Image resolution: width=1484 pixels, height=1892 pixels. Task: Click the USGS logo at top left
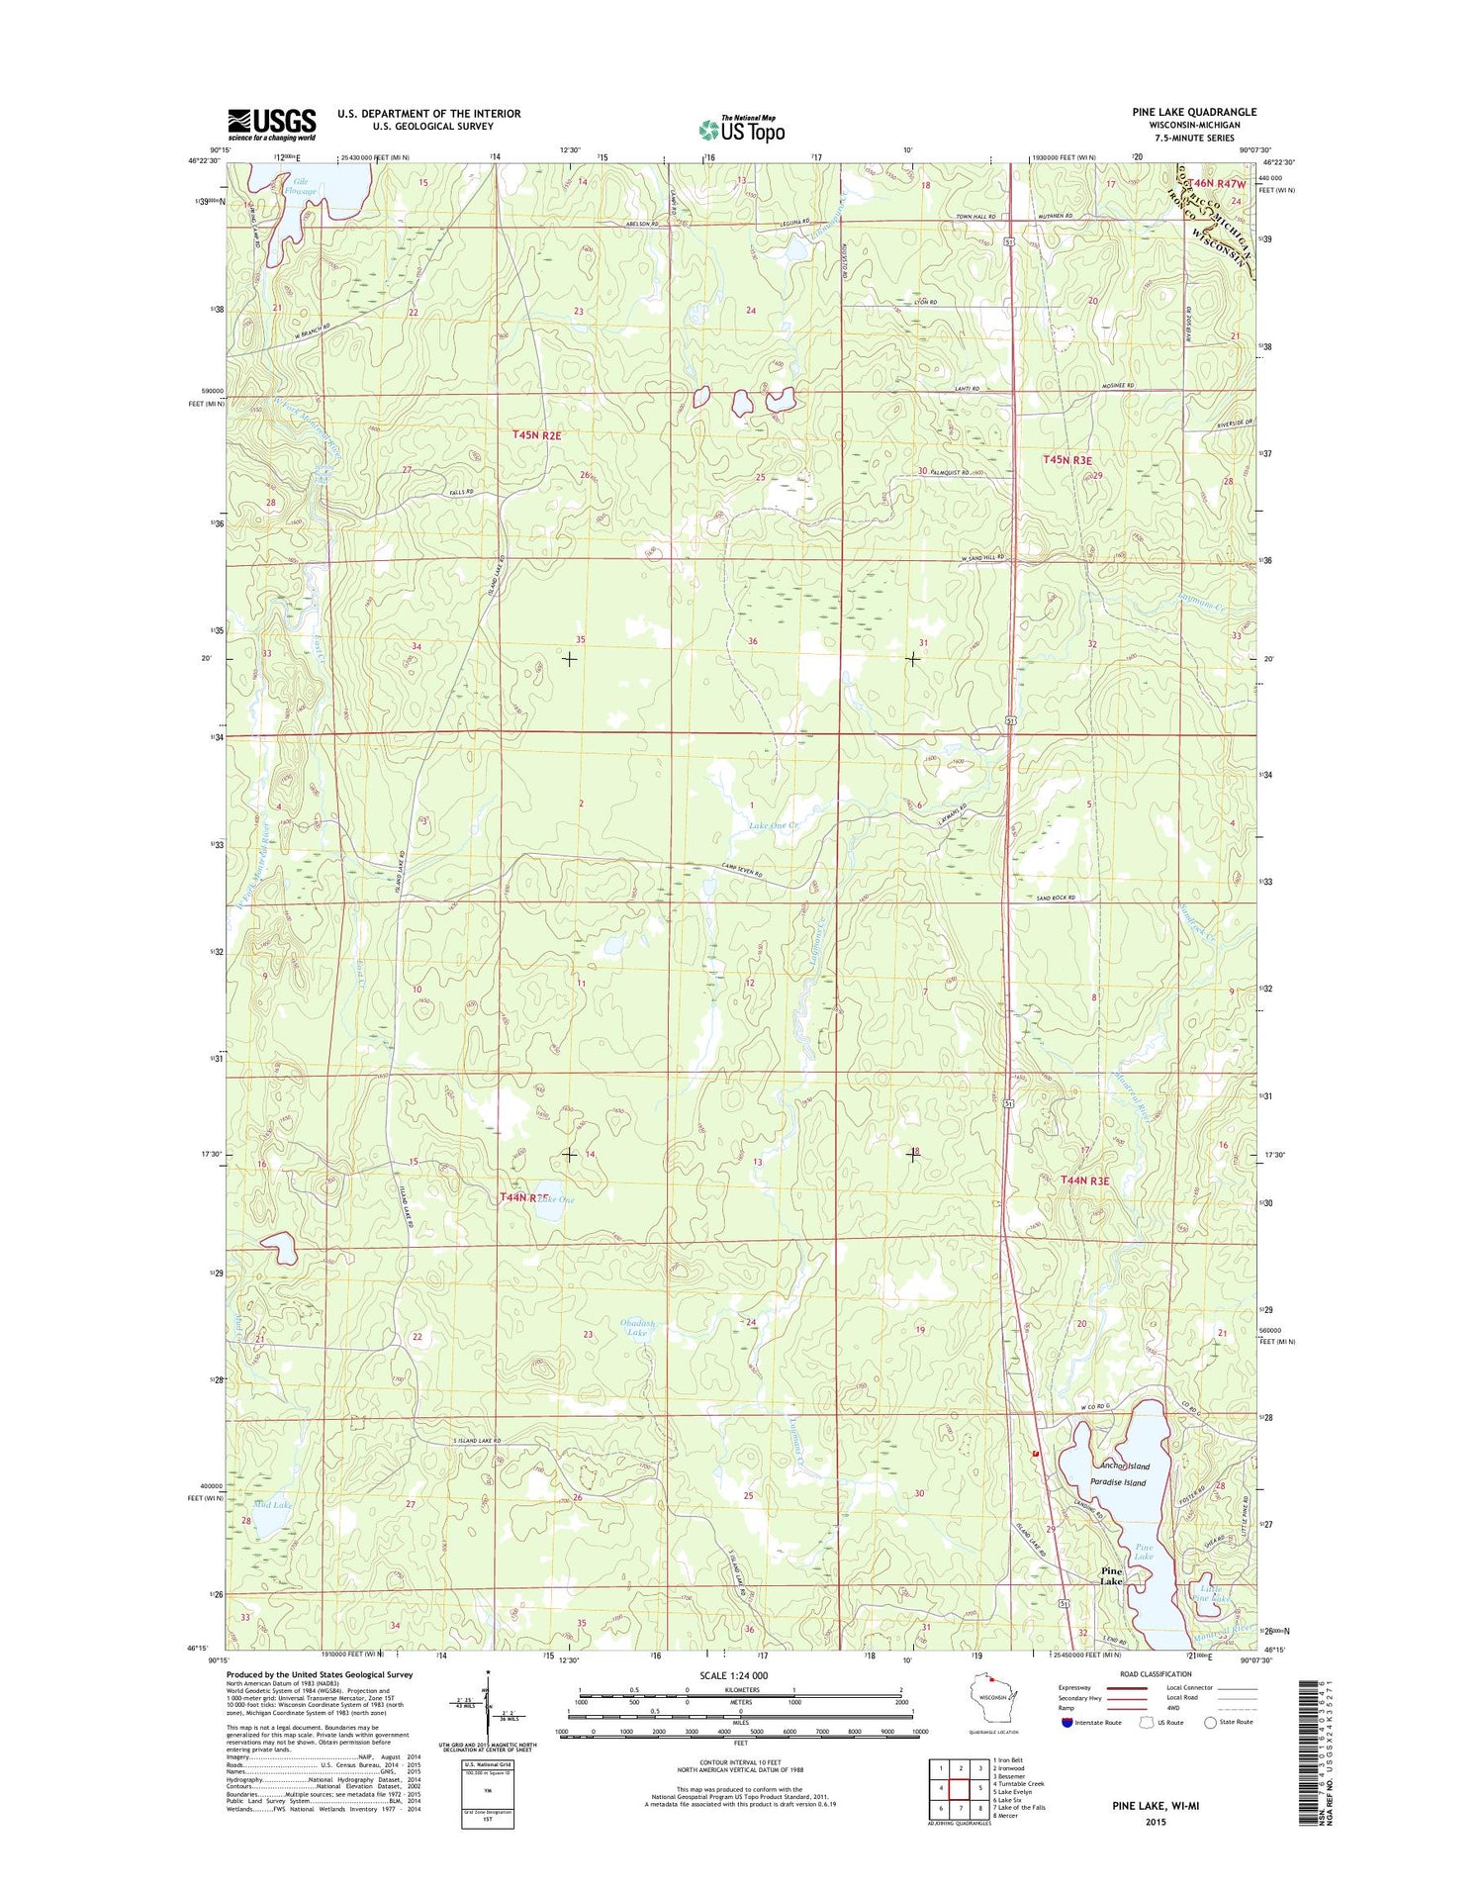pyautogui.click(x=272, y=125)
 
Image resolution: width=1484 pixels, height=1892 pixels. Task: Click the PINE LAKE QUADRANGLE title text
pyautogui.click(x=1194, y=112)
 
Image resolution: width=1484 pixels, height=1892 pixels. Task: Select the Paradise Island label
pyautogui.click(x=1118, y=1482)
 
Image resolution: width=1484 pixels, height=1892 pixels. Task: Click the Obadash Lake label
pyautogui.click(x=637, y=1328)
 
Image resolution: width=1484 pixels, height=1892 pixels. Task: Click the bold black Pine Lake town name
pyautogui.click(x=1112, y=1576)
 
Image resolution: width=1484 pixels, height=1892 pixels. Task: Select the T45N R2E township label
pyautogui.click(x=536, y=434)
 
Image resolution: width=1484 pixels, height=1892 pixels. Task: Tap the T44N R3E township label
pyautogui.click(x=1084, y=1181)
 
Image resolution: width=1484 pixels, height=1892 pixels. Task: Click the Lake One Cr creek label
pyautogui.click(x=774, y=825)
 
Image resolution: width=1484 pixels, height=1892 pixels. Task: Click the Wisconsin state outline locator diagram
pyautogui.click(x=991, y=1695)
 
